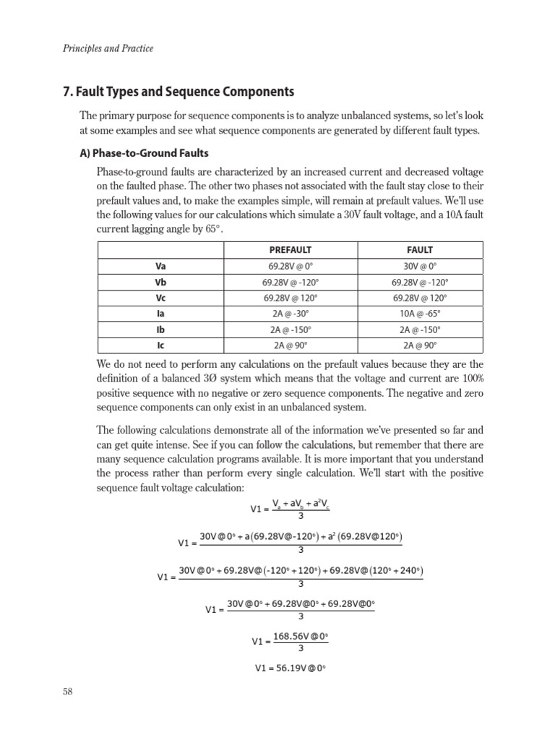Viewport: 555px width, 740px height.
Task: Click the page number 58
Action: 68,692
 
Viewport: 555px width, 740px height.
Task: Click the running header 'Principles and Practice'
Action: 108,48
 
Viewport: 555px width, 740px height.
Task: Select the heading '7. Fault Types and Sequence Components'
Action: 179,92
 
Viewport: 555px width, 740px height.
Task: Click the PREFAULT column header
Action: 290,249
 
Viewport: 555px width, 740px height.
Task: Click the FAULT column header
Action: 421,249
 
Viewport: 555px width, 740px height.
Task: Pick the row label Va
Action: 160,266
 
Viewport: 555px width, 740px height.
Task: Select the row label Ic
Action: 160,345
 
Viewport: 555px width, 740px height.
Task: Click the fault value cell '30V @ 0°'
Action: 421,266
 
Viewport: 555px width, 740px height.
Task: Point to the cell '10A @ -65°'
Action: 421,314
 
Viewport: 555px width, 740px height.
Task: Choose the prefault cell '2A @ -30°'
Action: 290,314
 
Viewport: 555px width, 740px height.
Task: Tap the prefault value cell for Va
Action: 290,266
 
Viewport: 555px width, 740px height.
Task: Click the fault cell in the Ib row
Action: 421,330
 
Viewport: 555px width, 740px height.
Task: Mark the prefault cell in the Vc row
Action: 290,298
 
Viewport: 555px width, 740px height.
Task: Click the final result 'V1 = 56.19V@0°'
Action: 291,668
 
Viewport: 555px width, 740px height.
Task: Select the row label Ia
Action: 160,314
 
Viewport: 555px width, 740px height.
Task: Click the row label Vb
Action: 160,282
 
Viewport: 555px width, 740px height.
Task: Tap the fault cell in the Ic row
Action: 421,345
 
